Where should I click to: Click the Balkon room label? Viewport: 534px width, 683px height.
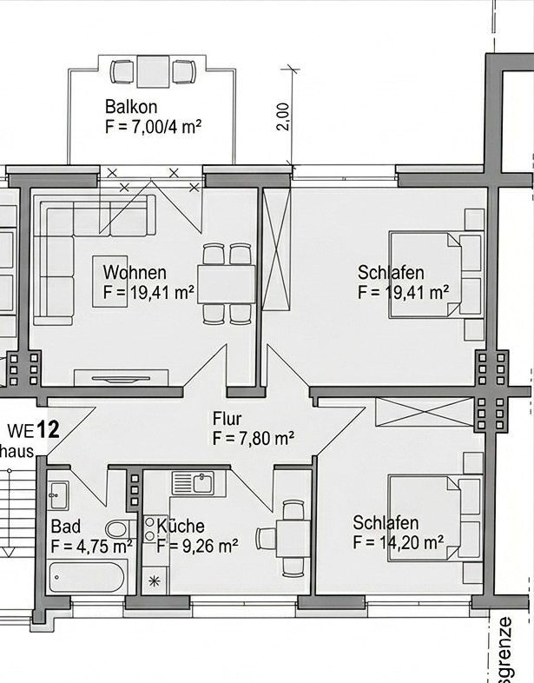tap(130, 108)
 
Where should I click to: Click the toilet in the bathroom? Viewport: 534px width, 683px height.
tap(119, 527)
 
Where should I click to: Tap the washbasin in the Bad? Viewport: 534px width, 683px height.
tap(58, 496)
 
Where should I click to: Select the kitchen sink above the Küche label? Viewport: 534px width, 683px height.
tap(193, 482)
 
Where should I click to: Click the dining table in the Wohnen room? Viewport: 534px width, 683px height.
tap(227, 282)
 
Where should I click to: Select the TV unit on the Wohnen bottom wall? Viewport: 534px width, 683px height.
tap(122, 376)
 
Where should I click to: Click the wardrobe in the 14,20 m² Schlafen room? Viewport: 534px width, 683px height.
tap(426, 412)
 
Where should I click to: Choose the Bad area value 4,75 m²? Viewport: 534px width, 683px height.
tap(91, 547)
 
